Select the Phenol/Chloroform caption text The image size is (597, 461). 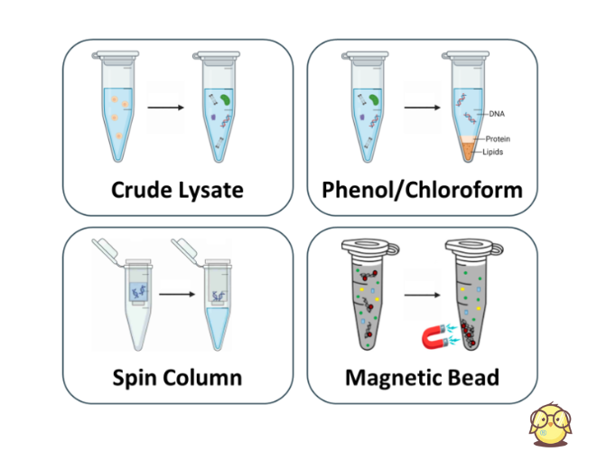coord(422,190)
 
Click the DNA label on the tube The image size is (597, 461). coord(495,114)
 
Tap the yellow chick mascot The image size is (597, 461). coord(551,426)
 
